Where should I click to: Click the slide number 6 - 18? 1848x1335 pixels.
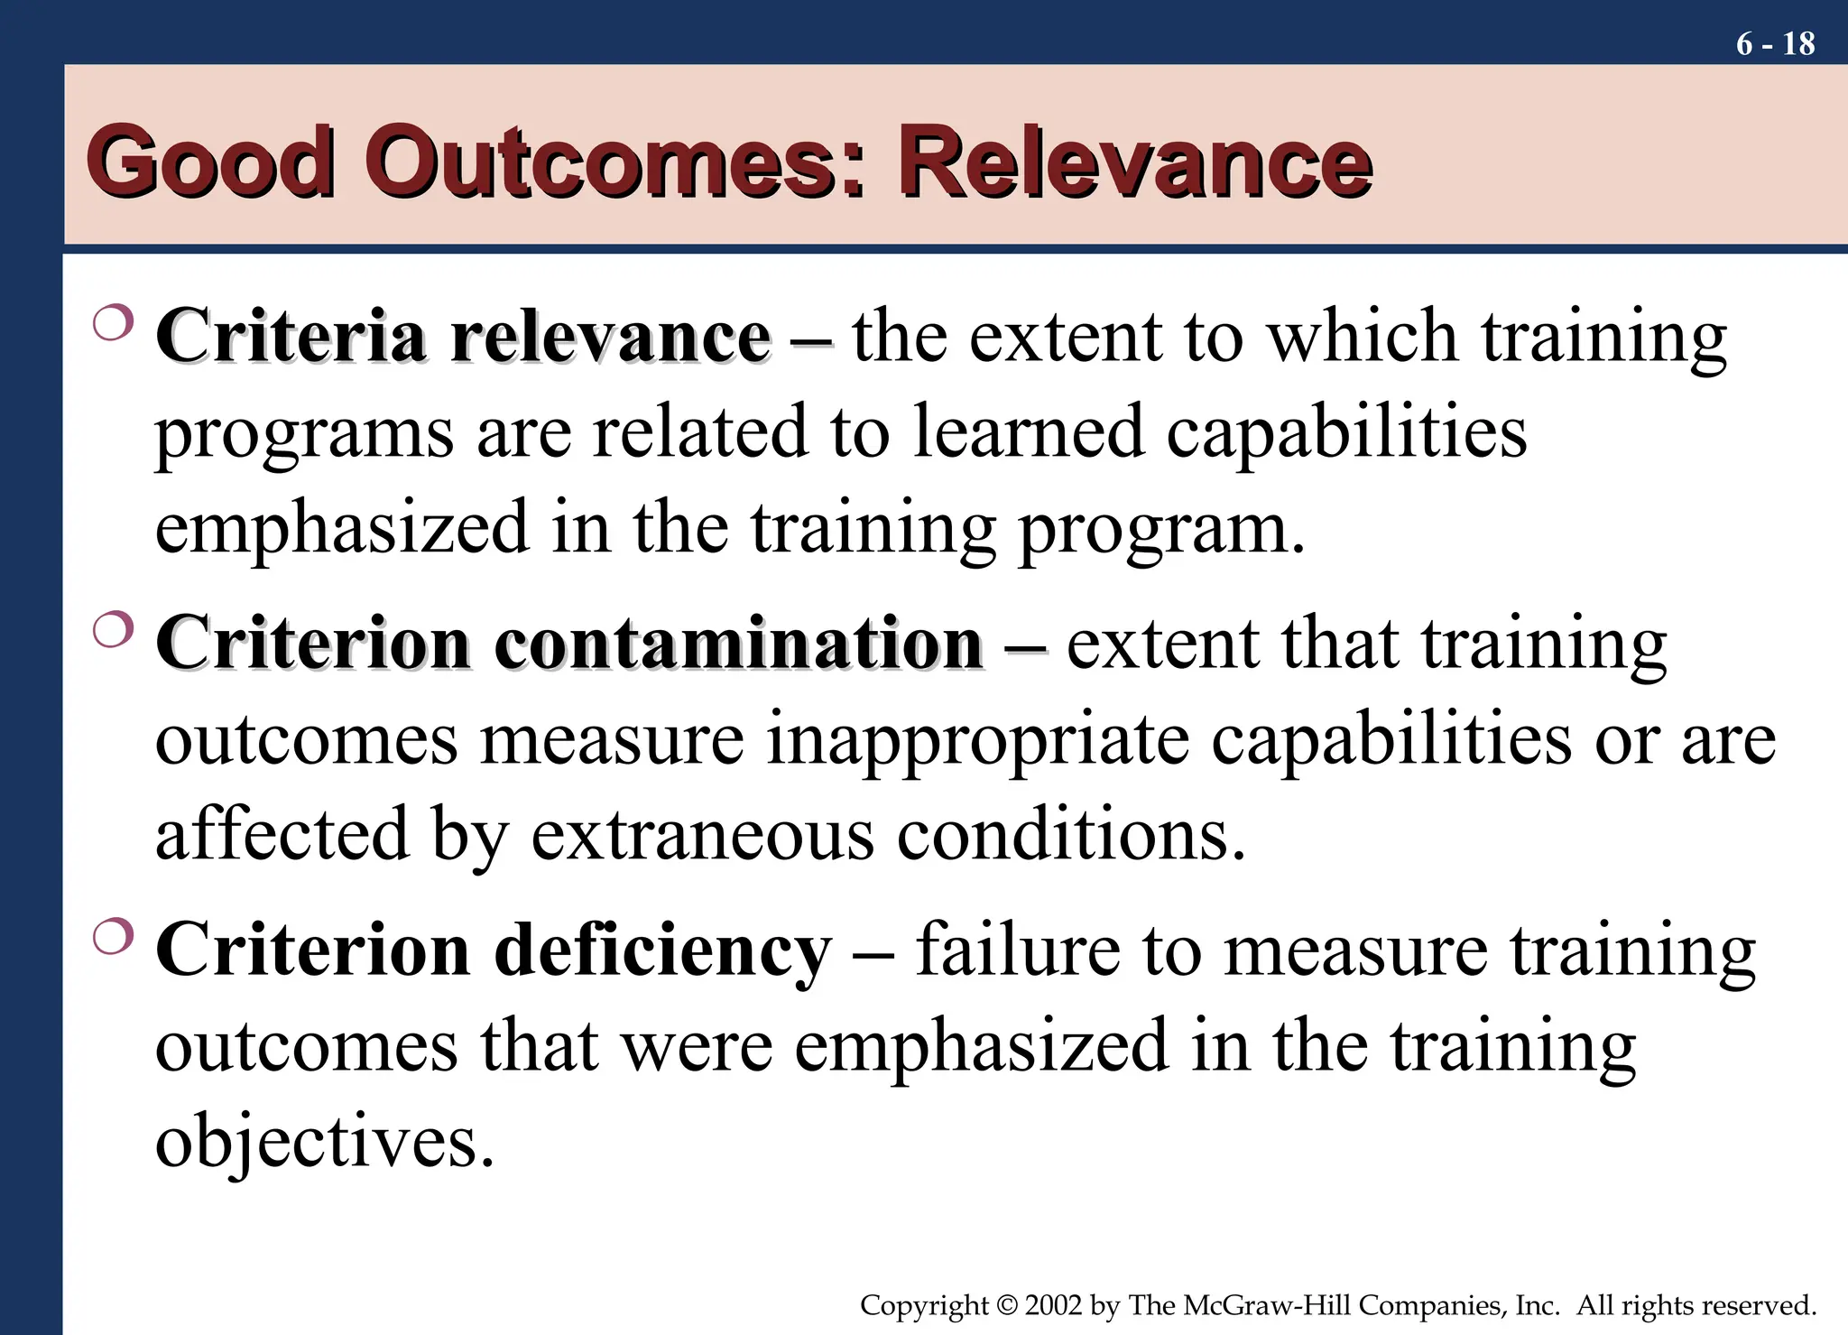pyautogui.click(x=1775, y=43)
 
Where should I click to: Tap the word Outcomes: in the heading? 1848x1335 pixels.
pyautogui.click(x=614, y=162)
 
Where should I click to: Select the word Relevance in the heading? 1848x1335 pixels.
pyautogui.click(x=1134, y=162)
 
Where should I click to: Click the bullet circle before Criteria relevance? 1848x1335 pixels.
pyautogui.click(x=113, y=323)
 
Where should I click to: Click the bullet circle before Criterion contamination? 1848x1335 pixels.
pyautogui.click(x=113, y=630)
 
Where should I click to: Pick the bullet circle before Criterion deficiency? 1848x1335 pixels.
pyautogui.click(x=113, y=937)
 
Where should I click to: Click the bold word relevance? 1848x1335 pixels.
pyautogui.click(x=610, y=337)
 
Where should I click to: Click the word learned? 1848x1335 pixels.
pyautogui.click(x=1029, y=432)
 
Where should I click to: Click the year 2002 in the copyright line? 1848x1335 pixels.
pyautogui.click(x=1053, y=1305)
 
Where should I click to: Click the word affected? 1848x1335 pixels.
pyautogui.click(x=282, y=834)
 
